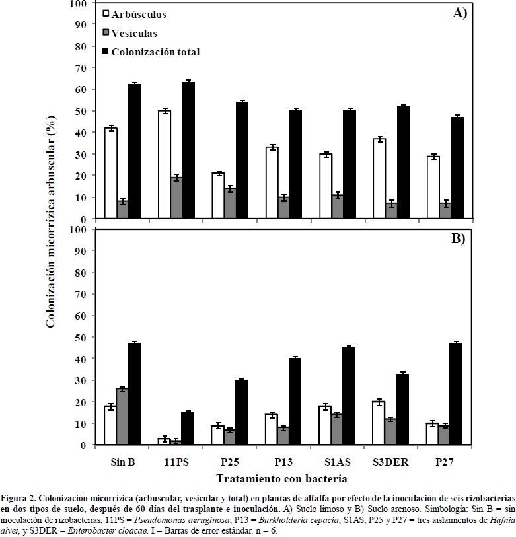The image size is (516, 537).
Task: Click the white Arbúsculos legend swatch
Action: [x=106, y=13]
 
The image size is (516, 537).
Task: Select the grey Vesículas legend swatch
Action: [x=106, y=32]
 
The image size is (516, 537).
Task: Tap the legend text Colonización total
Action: [x=155, y=52]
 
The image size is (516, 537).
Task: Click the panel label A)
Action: [x=459, y=13]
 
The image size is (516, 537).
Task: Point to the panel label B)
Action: [x=459, y=239]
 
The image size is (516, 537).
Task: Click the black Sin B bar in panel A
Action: [x=135, y=152]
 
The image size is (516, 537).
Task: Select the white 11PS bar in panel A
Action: [x=165, y=165]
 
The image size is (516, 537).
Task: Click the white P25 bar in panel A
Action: [x=218, y=196]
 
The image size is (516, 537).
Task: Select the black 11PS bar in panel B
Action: [x=188, y=429]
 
